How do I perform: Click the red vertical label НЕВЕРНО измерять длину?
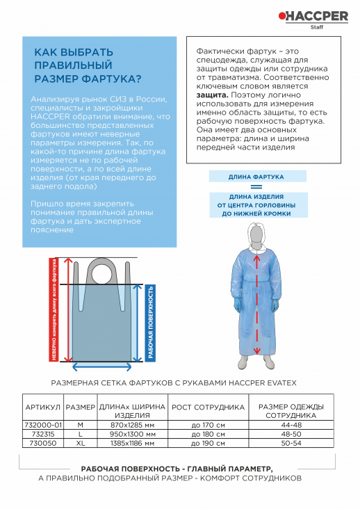[x=53, y=309]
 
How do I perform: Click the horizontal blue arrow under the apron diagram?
[x=103, y=366]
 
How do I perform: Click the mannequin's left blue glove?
[x=277, y=306]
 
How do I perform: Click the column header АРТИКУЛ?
[x=42, y=407]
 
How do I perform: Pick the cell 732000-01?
[x=43, y=424]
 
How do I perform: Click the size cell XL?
[x=80, y=443]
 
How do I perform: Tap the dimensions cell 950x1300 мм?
[x=132, y=434]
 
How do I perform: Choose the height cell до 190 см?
[x=208, y=443]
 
